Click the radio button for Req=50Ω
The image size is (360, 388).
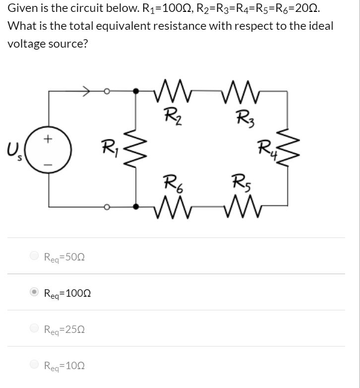[34, 256]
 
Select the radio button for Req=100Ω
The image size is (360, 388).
[34, 292]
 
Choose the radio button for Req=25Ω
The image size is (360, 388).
[34, 328]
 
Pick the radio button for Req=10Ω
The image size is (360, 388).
[34, 365]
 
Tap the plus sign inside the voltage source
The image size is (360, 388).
[48, 140]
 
